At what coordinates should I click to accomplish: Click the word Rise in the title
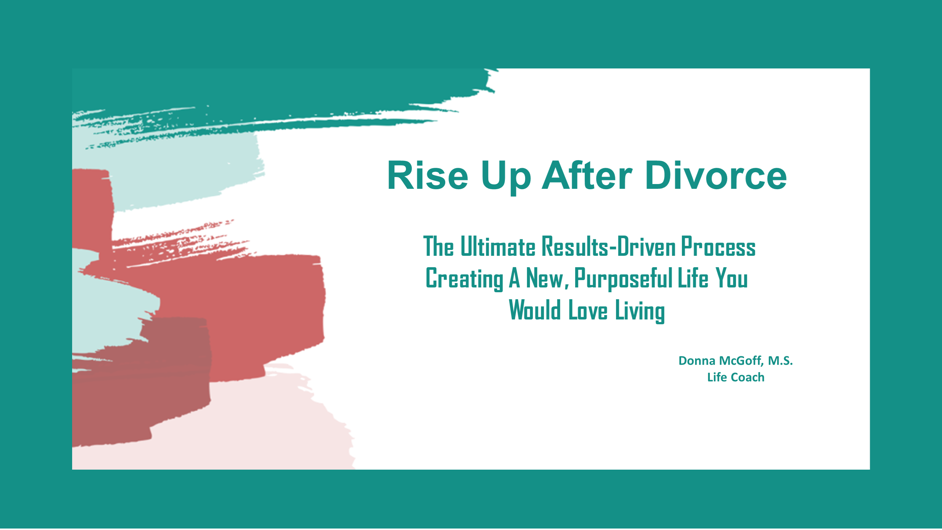click(428, 176)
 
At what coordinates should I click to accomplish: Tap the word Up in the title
click(506, 178)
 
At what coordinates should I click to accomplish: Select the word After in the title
click(587, 176)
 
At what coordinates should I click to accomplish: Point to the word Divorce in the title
click(716, 176)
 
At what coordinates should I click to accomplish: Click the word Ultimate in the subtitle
click(498, 246)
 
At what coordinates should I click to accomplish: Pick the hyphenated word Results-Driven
click(609, 246)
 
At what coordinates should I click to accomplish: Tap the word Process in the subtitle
click(718, 246)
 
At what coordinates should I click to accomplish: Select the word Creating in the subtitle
click(464, 279)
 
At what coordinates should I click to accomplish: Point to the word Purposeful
click(624, 279)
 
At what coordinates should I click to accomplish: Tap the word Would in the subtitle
click(535, 310)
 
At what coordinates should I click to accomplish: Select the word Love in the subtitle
click(588, 310)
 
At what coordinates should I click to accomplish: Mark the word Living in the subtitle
click(640, 311)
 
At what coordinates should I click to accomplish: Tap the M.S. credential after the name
click(780, 361)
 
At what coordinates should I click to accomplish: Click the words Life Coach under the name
click(736, 377)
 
